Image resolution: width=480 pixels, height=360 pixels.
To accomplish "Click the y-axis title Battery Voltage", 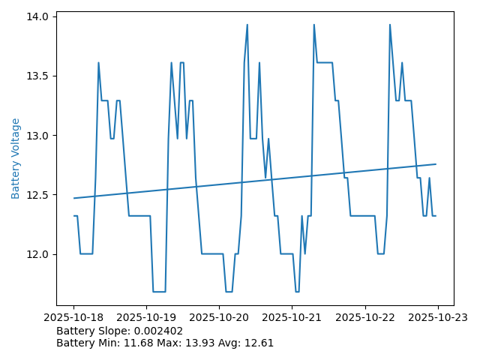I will (16, 158).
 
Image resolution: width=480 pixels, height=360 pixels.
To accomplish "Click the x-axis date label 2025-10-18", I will (74, 317).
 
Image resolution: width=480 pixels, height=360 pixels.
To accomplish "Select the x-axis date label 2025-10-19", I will (147, 317).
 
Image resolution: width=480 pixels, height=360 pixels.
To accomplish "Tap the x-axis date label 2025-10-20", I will (220, 317).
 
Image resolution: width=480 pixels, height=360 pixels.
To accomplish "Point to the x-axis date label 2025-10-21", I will (292, 317).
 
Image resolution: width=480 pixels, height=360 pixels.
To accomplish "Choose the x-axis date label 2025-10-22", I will (365, 317).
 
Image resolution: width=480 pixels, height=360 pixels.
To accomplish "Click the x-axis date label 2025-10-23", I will (438, 317).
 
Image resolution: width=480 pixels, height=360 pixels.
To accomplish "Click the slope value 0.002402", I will (158, 331).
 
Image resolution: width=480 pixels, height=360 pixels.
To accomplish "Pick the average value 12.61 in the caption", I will (259, 343).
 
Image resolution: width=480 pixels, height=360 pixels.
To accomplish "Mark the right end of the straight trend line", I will (436, 164).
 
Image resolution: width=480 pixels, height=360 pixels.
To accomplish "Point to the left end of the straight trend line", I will (74, 198).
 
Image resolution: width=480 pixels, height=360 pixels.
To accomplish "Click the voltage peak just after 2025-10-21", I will (313, 25).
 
